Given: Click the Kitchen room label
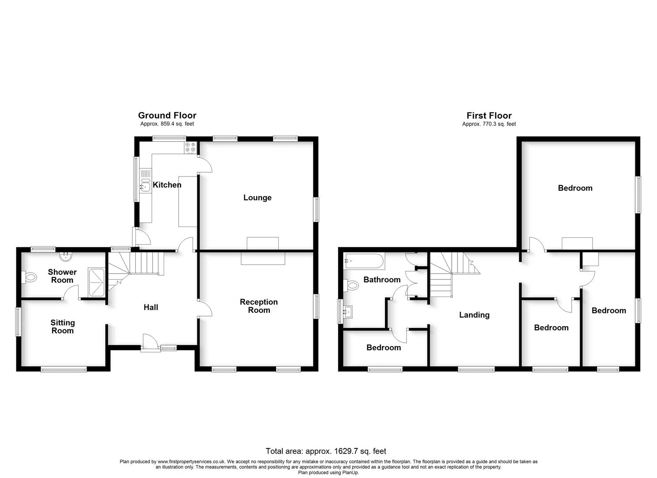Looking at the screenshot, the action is tap(167, 185).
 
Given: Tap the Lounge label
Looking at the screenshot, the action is tap(257, 198).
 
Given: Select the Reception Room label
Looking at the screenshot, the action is tap(259, 306).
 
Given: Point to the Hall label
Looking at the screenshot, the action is tap(151, 307).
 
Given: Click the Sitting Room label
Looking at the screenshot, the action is tap(62, 327).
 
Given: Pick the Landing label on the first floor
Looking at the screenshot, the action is tap(474, 315).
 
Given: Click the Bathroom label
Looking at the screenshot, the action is tap(382, 280).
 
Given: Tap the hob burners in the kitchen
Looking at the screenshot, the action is tap(190, 147).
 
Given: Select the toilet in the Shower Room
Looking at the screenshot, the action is tap(29, 277).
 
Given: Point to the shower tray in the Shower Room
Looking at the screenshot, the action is tap(96, 283).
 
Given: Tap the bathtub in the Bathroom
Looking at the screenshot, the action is tap(364, 261).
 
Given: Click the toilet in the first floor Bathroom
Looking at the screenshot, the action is tap(351, 285).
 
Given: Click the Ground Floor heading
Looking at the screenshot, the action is tap(167, 116).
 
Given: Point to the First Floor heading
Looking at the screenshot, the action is tap(489, 116).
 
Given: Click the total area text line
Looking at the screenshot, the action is tap(326, 451).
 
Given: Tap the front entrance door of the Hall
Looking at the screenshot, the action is tap(150, 343).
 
